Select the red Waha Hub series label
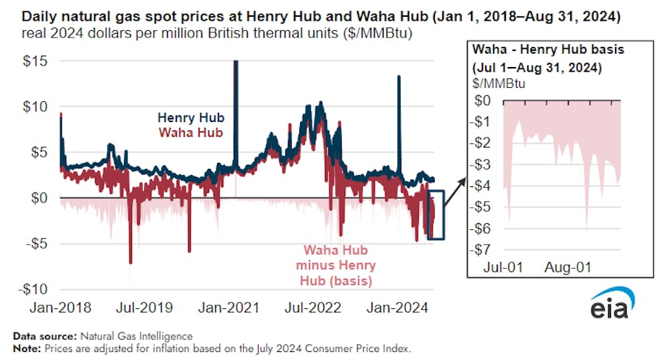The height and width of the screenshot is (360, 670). coord(190,132)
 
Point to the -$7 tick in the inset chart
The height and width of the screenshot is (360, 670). coord(487,250)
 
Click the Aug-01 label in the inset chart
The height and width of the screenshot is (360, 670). coord(569,268)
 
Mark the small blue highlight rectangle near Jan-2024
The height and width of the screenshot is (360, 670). coord(435,215)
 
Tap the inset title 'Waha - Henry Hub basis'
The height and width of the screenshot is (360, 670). coord(535,48)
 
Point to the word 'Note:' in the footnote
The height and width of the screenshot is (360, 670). coord(25,349)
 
